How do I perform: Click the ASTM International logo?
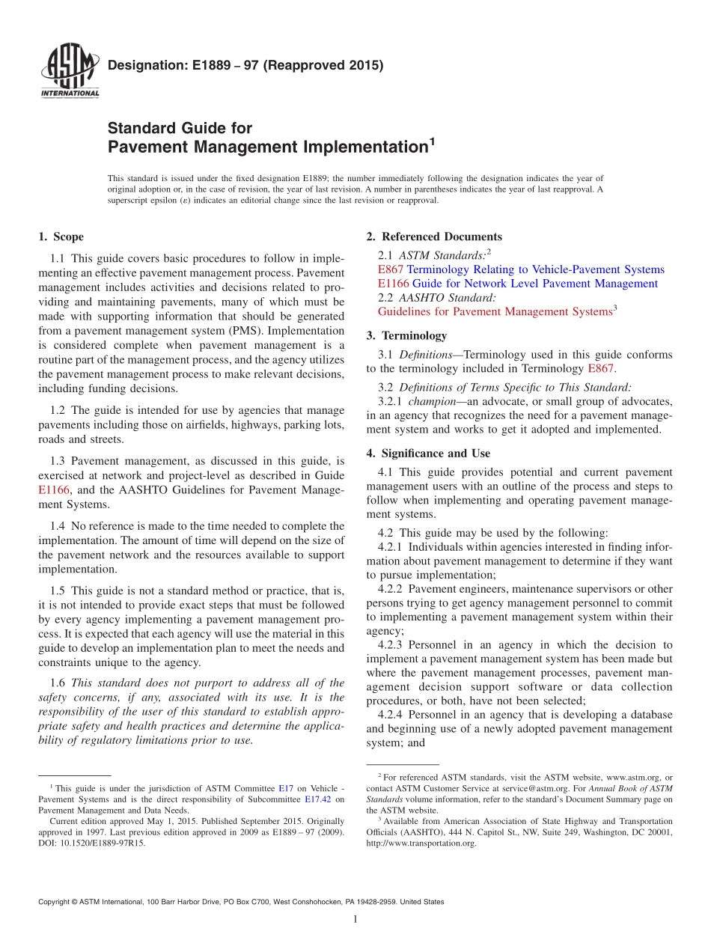tap(70, 72)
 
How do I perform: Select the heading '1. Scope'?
tap(61, 237)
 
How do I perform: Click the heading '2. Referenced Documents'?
tap(434, 237)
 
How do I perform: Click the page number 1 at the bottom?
tap(355, 919)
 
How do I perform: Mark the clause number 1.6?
tap(58, 683)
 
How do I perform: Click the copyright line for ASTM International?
tap(241, 902)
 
